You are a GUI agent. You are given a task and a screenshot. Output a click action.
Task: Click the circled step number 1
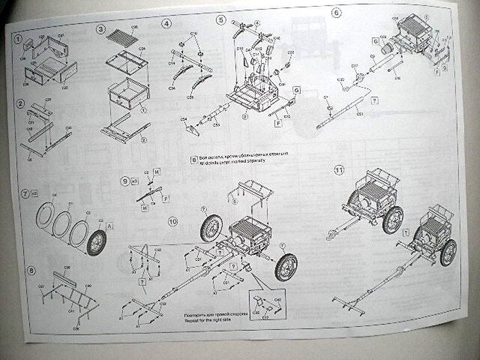click(19, 41)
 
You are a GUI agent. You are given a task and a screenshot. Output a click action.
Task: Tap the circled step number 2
click(20, 103)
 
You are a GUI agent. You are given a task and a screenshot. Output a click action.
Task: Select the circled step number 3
click(101, 29)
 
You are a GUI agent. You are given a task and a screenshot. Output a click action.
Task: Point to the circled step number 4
click(167, 24)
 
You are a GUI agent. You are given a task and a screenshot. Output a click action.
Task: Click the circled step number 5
click(221, 20)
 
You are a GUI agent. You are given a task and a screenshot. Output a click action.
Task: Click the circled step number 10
click(173, 221)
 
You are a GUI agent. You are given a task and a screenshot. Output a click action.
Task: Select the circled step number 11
click(340, 171)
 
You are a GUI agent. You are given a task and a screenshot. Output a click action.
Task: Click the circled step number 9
click(125, 180)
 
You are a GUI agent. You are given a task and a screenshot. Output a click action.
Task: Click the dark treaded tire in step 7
click(96, 242)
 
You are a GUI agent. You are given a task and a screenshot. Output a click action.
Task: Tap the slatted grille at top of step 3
click(122, 37)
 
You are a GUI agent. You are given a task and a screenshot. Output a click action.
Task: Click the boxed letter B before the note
click(194, 160)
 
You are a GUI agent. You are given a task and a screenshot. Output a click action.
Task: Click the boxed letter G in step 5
click(296, 89)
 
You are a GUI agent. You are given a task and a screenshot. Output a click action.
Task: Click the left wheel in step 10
click(211, 228)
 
